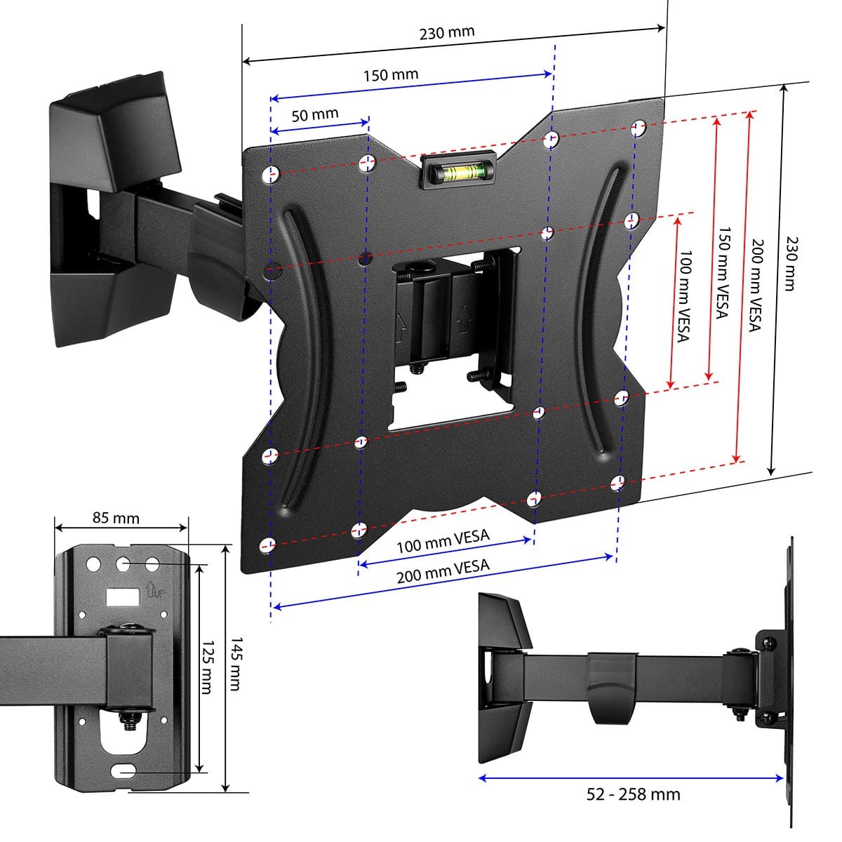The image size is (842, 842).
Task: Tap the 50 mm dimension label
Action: (x=315, y=114)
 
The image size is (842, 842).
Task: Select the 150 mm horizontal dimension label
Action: (x=390, y=74)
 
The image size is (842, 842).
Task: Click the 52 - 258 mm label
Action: (x=633, y=794)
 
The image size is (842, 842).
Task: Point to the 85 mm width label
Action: (x=116, y=519)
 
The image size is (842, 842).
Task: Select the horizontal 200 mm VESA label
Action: (x=443, y=571)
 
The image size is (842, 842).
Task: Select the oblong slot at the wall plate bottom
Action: (x=124, y=770)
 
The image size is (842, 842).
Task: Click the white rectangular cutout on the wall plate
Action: (x=122, y=597)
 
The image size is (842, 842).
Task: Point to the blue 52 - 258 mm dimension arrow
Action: (x=631, y=777)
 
